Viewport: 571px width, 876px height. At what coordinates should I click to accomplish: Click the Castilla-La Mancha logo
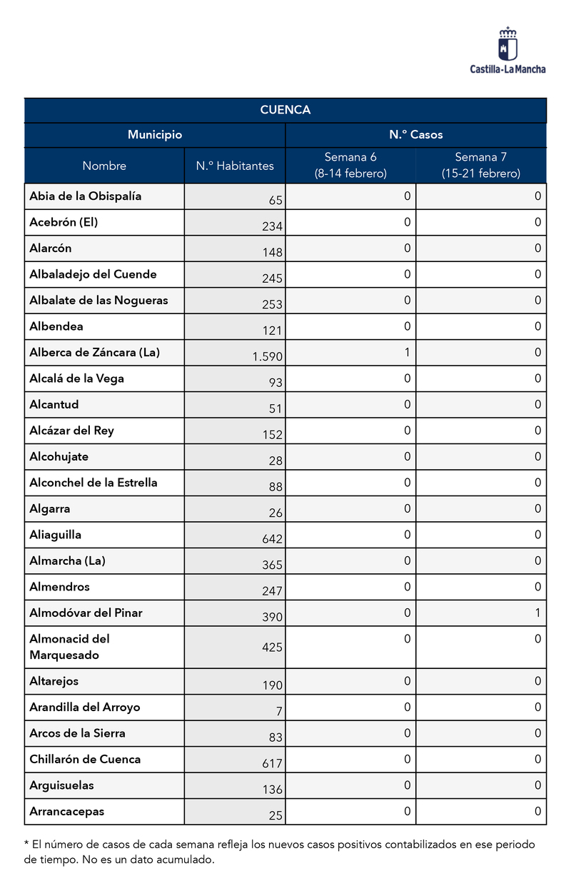pyautogui.click(x=507, y=50)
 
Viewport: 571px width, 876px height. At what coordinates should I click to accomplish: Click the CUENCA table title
pyautogui.click(x=285, y=110)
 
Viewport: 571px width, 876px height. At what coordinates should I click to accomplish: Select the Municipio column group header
pyautogui.click(x=155, y=135)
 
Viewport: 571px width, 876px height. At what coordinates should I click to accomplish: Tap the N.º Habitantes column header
pyautogui.click(x=235, y=166)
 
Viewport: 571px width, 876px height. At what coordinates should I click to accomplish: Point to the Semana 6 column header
pyautogui.click(x=350, y=165)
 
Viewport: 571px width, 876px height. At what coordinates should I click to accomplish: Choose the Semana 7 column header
pyautogui.click(x=481, y=165)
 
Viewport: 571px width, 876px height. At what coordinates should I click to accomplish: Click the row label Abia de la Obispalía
pyautogui.click(x=86, y=196)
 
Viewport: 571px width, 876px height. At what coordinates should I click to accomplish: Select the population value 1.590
pyautogui.click(x=268, y=356)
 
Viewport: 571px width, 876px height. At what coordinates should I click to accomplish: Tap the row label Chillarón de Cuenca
pyautogui.click(x=85, y=759)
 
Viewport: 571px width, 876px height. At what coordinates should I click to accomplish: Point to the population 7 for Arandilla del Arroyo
pyautogui.click(x=279, y=711)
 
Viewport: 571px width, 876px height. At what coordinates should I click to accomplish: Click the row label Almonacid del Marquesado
pyautogui.click(x=69, y=647)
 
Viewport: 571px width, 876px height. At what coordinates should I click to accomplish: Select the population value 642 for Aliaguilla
pyautogui.click(x=272, y=539)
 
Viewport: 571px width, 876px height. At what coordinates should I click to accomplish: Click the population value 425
pyautogui.click(x=272, y=648)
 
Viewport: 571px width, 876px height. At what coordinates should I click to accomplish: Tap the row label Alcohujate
pyautogui.click(x=59, y=456)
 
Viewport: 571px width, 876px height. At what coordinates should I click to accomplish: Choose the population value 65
pyautogui.click(x=276, y=201)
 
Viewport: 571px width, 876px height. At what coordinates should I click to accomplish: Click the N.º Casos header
pyautogui.click(x=415, y=135)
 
